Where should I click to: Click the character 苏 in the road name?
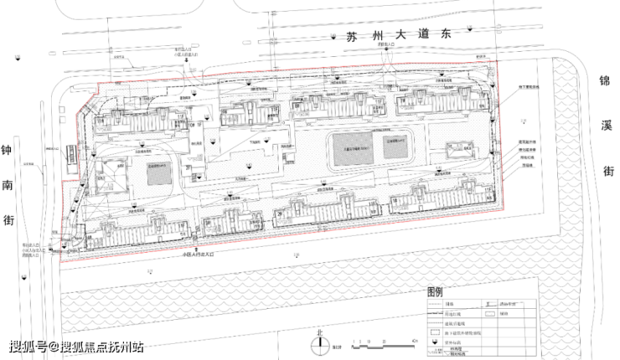[352, 36]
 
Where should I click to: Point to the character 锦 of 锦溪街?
[602, 82]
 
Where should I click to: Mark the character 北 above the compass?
[318, 332]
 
